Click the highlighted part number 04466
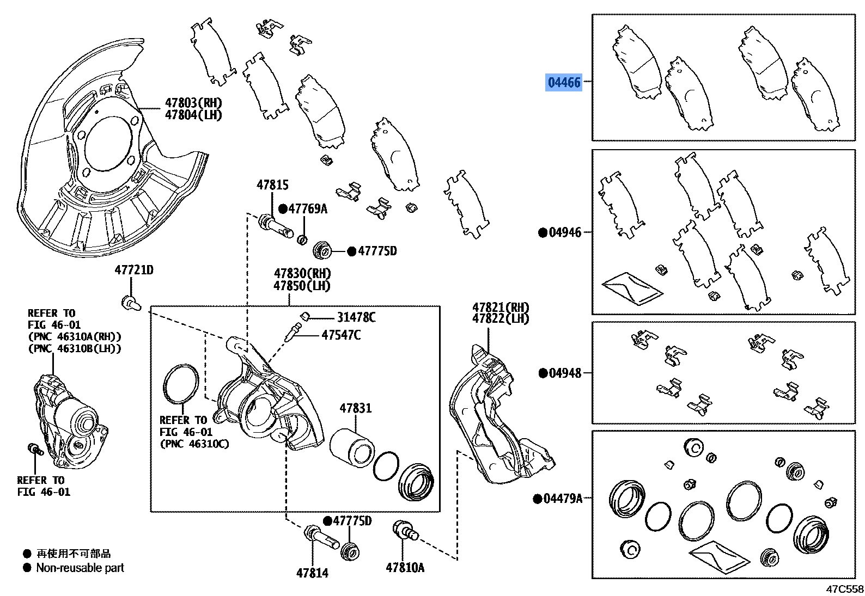(564, 82)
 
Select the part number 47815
(272, 185)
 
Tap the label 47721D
(134, 270)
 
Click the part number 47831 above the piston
(356, 408)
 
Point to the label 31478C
(356, 317)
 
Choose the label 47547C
(341, 335)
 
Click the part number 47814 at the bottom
(312, 573)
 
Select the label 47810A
(405, 568)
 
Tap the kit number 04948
(565, 373)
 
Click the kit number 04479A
(563, 498)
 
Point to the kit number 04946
(565, 232)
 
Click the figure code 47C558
(844, 589)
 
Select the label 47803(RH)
(193, 103)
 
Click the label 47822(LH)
(501, 319)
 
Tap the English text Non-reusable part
(80, 568)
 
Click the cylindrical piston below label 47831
(351, 447)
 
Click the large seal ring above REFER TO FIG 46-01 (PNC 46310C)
(181, 384)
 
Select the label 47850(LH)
(302, 286)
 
